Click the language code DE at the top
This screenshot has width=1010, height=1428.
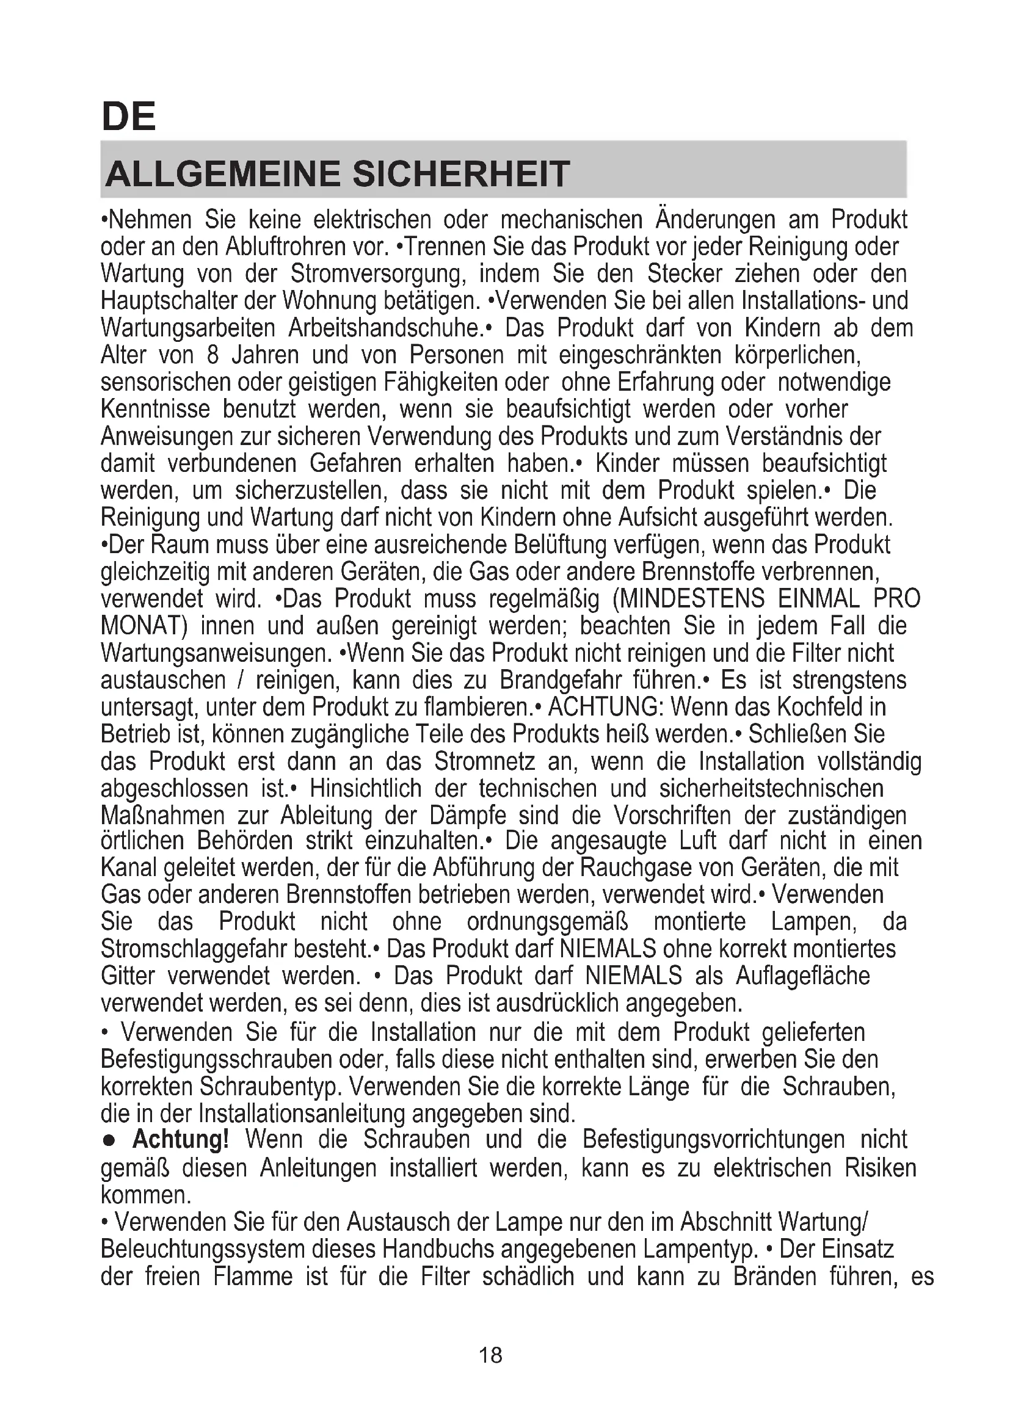[128, 117]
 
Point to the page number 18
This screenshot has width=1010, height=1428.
[491, 1355]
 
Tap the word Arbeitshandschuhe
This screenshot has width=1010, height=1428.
[385, 328]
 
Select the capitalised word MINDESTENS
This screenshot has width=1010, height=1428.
[692, 599]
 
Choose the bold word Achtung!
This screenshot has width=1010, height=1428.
[181, 1139]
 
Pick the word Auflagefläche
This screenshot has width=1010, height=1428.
[803, 976]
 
